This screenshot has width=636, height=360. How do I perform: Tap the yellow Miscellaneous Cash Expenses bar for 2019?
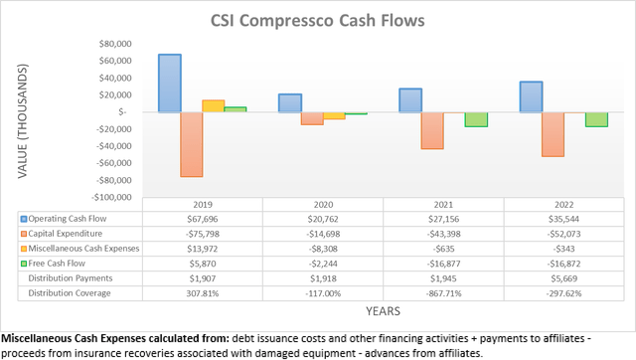213,105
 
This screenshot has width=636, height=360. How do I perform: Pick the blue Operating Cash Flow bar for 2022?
532,96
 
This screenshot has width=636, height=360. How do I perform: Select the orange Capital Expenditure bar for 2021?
431,130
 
